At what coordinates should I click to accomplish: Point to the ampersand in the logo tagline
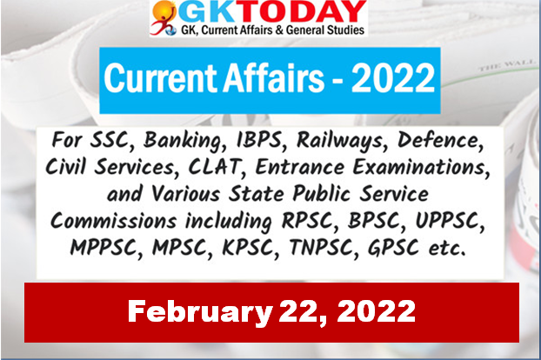(x=279, y=30)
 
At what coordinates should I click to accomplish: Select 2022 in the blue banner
(x=392, y=78)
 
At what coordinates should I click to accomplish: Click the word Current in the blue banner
(x=161, y=78)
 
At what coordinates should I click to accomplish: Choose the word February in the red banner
(x=200, y=312)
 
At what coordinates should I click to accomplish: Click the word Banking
(x=184, y=141)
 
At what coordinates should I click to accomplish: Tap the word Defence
(x=440, y=141)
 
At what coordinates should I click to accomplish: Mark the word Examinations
(x=421, y=167)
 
